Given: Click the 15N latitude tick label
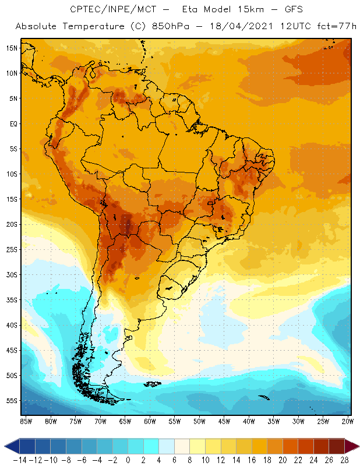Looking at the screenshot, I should pos(12,48).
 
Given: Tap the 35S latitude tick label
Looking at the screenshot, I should pos(12,300).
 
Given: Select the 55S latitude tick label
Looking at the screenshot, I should pos(12,401).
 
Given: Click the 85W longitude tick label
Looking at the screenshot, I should pos(26,421).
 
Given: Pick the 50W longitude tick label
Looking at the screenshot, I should pos(200,421).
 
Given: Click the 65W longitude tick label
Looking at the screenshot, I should pos(125,421).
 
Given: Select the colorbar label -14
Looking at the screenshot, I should pos(19,460).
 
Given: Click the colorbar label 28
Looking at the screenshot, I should pos(344,460).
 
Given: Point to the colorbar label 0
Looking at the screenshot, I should pos(128,460).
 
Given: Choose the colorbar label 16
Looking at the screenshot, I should pos(252,460).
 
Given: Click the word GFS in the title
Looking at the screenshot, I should pos(283,10).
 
